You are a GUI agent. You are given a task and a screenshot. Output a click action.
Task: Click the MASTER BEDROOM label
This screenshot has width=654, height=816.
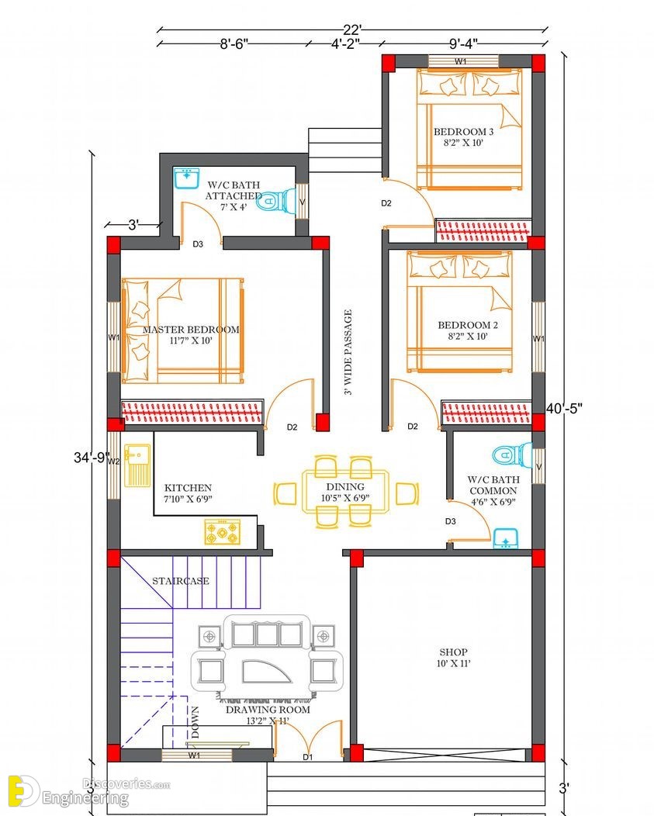pos(191,330)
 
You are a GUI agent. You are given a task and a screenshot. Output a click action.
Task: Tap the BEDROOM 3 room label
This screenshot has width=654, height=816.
pos(463,132)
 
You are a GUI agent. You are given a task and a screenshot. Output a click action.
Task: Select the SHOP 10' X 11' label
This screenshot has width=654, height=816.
pos(454,657)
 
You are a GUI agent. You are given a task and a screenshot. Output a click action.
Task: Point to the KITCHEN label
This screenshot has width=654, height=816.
pos(188,488)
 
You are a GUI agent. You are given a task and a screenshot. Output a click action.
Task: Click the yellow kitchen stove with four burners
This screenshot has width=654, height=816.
pos(223,532)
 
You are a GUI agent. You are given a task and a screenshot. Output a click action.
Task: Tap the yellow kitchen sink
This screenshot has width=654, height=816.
pos(137,465)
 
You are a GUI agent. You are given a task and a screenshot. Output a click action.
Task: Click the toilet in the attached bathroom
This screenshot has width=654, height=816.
pos(276,201)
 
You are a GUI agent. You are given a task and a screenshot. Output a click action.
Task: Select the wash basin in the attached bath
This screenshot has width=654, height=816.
pos(186,178)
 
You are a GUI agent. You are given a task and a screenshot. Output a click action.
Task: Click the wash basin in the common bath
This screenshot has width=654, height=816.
pos(505,538)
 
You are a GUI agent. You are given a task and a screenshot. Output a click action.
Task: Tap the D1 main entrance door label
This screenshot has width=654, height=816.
pos(308,757)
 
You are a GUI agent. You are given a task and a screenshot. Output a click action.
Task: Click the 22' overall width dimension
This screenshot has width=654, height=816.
pos(352,30)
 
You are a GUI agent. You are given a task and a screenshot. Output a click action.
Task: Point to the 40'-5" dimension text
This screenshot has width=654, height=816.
pos(564,409)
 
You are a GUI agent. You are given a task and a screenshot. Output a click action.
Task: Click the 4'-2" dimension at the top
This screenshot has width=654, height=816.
pos(346,43)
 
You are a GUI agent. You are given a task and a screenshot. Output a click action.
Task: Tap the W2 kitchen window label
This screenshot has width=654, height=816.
pos(113,461)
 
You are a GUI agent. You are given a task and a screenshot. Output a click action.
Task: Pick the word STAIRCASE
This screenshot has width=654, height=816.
pos(181,581)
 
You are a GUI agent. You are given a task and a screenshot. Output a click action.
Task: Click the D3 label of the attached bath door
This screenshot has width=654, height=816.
pos(198,244)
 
